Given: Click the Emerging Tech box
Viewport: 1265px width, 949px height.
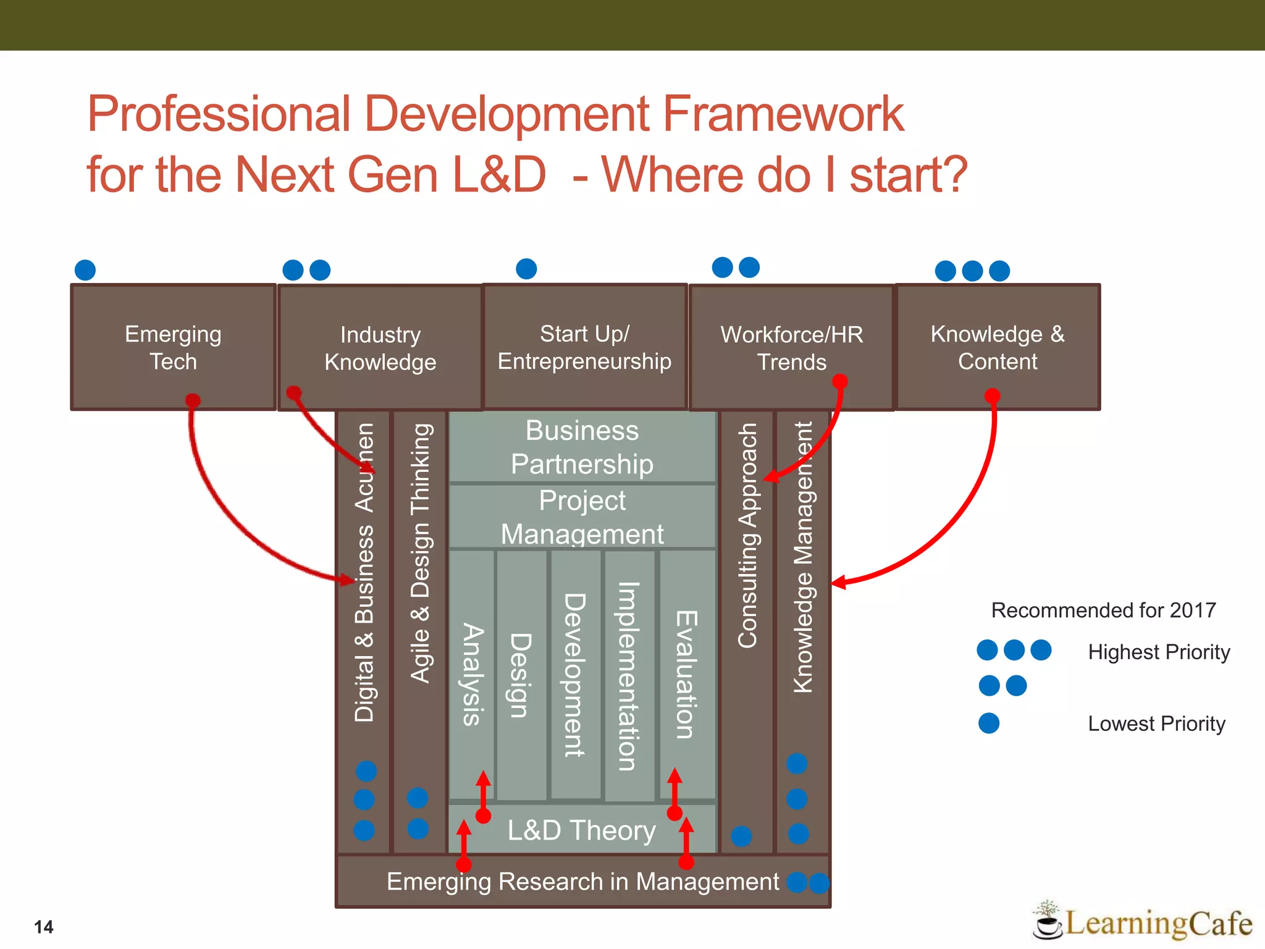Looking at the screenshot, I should [173, 347].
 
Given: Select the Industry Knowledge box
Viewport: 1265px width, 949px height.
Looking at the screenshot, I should [380, 348].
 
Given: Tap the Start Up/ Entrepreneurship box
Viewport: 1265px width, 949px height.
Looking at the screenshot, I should [584, 347].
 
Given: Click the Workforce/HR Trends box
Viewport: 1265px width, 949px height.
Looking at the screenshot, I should [791, 348].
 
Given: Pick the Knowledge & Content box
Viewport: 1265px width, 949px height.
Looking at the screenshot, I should [998, 347].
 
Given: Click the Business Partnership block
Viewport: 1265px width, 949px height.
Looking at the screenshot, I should [582, 447].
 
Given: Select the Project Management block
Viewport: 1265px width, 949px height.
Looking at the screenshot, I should [582, 517].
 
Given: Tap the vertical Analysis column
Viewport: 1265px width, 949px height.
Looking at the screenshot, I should [473, 673].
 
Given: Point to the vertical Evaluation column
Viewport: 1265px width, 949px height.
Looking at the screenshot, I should [686, 673].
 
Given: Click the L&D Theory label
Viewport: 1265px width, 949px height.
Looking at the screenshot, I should [581, 830].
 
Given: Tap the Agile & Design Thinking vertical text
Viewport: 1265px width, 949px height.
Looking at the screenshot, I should [421, 553].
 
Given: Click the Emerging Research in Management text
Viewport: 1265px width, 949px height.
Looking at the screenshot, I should [582, 882].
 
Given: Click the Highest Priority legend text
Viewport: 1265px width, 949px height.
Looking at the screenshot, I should [1159, 652].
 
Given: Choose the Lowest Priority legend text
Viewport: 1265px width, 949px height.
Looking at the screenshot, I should [1156, 723].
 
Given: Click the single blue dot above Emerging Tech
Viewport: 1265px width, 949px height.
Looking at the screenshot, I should [85, 270].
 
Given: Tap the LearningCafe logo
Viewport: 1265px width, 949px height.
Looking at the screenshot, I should [1143, 922].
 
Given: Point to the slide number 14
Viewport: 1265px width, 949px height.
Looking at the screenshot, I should [44, 927].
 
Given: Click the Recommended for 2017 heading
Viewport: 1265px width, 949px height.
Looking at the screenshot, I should [1103, 610].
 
